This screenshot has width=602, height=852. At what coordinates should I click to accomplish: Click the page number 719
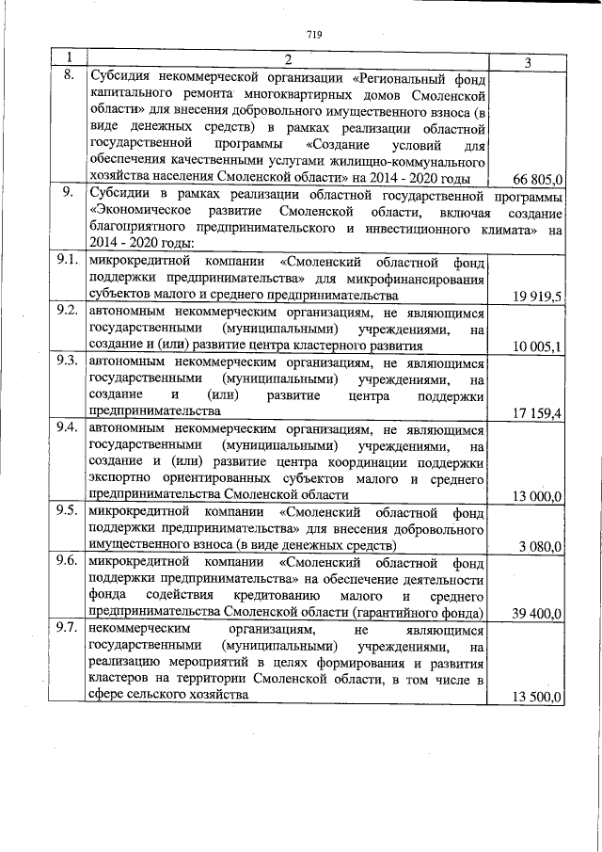(x=313, y=35)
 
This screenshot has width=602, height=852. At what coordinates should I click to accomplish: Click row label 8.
(x=68, y=76)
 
